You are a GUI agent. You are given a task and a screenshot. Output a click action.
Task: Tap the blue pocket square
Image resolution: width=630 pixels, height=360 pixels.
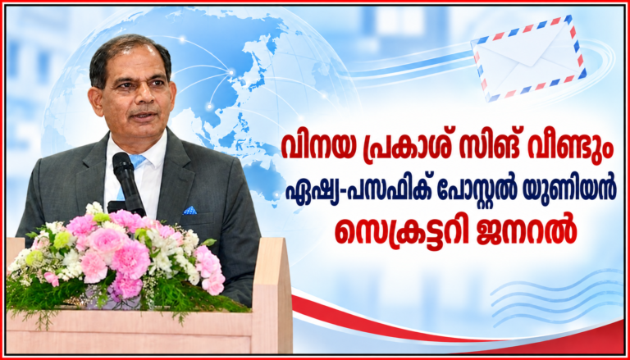[x=189, y=210]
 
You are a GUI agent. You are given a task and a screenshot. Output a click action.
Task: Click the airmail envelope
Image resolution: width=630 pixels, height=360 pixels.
[x=529, y=58]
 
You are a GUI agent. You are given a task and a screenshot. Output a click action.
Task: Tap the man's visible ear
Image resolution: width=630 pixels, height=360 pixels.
[x=95, y=101]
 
